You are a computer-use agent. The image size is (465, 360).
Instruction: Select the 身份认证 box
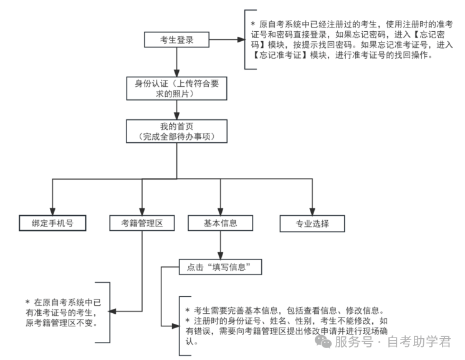click(x=177, y=89)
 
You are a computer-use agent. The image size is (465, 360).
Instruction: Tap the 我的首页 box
click(x=177, y=131)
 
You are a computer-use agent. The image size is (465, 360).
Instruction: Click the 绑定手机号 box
click(x=52, y=223)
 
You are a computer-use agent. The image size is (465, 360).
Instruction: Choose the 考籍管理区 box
click(x=142, y=223)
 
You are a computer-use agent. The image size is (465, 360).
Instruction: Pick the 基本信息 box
click(x=219, y=223)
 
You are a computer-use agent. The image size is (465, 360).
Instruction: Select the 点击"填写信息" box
click(x=219, y=267)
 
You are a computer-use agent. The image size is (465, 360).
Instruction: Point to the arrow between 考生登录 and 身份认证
click(x=177, y=62)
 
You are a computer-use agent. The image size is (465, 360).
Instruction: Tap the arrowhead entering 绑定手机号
click(x=52, y=210)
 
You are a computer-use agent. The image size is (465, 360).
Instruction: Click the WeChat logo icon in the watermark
click(x=323, y=341)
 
